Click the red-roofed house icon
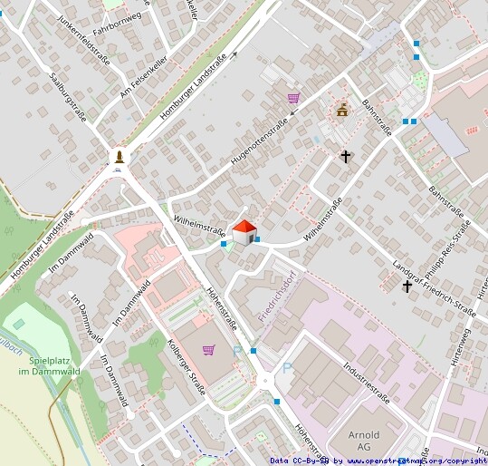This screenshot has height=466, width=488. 244,232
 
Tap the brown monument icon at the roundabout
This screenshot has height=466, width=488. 119,158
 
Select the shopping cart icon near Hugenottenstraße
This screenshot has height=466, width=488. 293,98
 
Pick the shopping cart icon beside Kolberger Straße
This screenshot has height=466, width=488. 208,349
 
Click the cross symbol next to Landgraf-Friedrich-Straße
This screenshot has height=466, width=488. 407,286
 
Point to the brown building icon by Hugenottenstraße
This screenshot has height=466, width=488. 342,111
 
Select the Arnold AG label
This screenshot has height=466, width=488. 364,440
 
